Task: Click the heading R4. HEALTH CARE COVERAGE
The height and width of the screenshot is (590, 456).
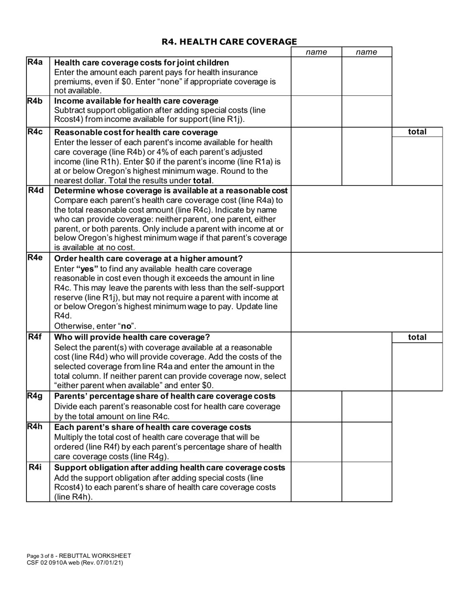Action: pos(229,42)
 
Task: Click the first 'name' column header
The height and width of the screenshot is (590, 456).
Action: pos(316,52)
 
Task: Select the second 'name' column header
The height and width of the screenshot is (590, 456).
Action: pos(367,52)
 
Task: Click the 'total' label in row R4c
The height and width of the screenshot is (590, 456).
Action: pos(417,131)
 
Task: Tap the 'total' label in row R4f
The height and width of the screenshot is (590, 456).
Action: pos(417,337)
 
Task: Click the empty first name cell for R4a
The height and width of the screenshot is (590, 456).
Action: pos(316,76)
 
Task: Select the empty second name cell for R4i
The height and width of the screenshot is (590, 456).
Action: pos(367,482)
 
